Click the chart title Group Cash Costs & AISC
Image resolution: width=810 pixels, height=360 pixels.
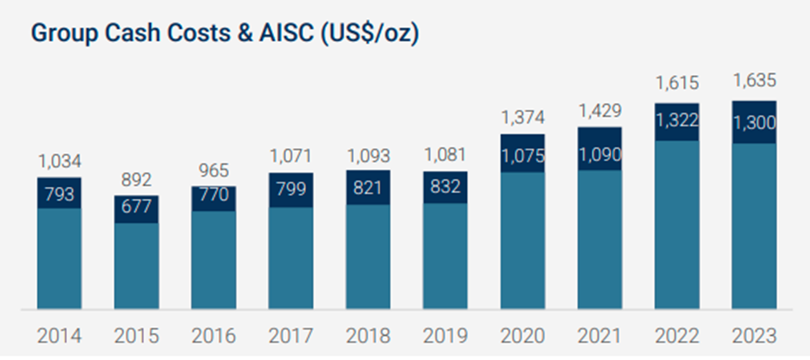click(224, 34)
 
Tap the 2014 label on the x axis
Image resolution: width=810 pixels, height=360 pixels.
click(59, 337)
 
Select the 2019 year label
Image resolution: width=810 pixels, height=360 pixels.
click(445, 337)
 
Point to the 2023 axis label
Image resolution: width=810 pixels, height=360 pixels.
click(754, 337)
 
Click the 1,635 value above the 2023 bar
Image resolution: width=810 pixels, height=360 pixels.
click(754, 81)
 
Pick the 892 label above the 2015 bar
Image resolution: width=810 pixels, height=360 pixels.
click(136, 180)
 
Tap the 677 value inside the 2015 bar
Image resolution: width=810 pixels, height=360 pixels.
click(136, 207)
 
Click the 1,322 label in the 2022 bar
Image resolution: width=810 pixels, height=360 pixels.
click(676, 121)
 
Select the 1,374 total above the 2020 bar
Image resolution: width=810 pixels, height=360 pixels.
click(523, 118)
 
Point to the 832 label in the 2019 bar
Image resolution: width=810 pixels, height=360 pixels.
click(445, 186)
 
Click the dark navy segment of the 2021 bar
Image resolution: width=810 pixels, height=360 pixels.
click(600, 149)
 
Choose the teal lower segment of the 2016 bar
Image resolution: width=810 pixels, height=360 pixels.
click(214, 260)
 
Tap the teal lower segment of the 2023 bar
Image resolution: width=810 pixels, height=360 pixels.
click(754, 227)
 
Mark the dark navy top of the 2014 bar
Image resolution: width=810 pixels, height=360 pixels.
click(59, 193)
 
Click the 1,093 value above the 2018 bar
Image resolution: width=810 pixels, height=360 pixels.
click(368, 156)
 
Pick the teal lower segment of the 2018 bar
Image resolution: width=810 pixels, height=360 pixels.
click(368, 258)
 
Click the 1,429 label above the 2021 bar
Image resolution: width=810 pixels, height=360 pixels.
click(600, 111)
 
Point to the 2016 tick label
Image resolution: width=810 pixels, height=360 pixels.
click(214, 337)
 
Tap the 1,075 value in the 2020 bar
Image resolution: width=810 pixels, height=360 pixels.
click(523, 156)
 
